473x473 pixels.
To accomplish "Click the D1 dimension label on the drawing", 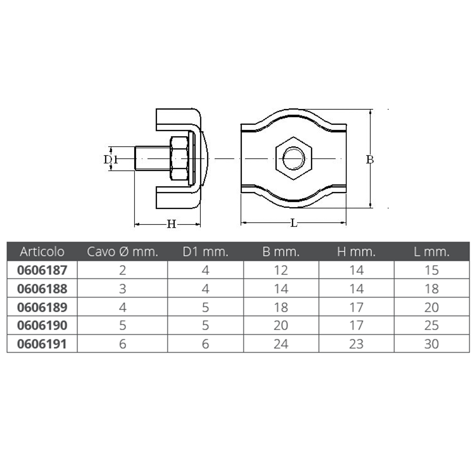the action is click(111, 159).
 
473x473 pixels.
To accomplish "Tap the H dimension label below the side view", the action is click(171, 224).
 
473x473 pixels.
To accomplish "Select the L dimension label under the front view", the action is click(294, 223).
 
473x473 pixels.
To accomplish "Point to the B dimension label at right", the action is click(370, 160).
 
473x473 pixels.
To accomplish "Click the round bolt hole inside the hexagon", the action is click(294, 158).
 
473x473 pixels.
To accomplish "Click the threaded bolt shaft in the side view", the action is click(153, 158).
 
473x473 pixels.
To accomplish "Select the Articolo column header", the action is click(42, 252).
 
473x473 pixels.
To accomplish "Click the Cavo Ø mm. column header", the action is click(122, 252).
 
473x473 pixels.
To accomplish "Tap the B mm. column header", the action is click(281, 252).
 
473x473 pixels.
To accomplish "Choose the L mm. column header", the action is click(432, 252).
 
